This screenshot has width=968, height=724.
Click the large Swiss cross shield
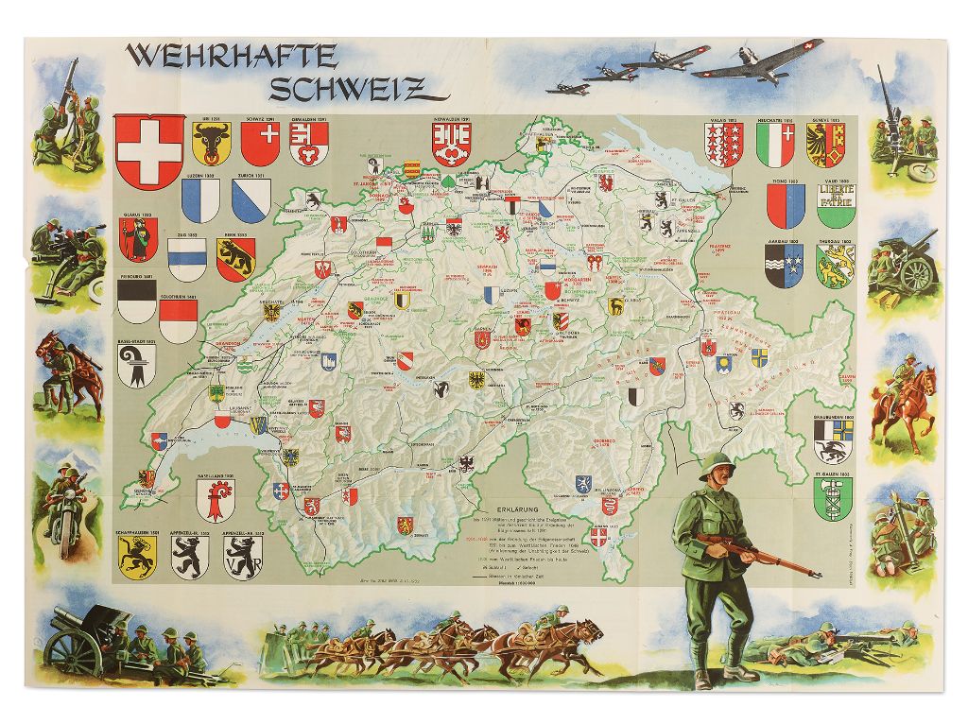click(x=148, y=151)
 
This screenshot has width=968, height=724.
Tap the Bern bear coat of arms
click(x=235, y=258)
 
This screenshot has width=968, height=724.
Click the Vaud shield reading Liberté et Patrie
click(x=836, y=205)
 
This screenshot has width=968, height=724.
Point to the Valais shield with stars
click(x=723, y=145)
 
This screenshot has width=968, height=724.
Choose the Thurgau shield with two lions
click(x=836, y=266)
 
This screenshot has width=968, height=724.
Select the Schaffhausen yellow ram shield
click(x=137, y=557)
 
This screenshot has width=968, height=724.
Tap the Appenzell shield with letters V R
click(x=242, y=557)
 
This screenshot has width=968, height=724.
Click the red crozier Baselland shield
click(x=216, y=499)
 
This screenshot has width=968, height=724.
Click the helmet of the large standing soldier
click(x=717, y=465)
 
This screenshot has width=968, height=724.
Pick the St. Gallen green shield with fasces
click(x=832, y=498)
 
